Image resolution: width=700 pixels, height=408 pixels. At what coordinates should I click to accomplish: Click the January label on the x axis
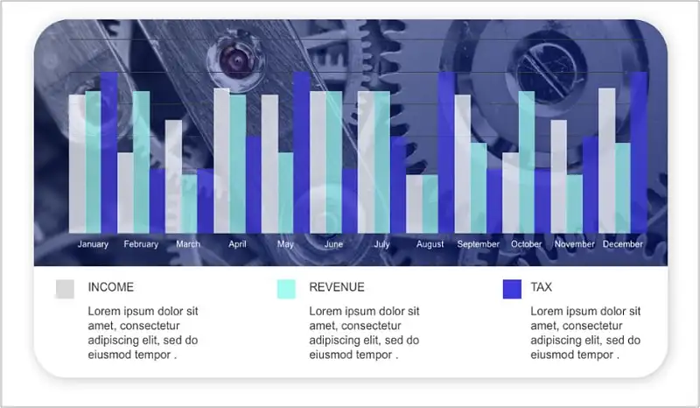click(93, 244)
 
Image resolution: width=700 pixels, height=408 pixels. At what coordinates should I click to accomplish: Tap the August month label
click(430, 244)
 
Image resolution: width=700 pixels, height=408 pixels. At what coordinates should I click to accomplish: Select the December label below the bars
click(623, 244)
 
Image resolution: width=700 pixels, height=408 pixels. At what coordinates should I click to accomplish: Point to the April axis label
click(237, 244)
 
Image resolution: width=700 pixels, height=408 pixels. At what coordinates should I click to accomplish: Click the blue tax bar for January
click(109, 152)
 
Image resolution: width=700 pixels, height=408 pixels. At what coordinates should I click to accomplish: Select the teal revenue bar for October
click(527, 162)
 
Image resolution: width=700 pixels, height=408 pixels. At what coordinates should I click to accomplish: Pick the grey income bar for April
click(222, 160)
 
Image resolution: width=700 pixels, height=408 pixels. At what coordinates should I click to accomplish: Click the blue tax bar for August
click(446, 152)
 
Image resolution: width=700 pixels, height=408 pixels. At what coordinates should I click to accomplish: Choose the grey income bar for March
click(173, 177)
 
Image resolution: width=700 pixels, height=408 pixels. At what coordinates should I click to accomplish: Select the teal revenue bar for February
click(142, 162)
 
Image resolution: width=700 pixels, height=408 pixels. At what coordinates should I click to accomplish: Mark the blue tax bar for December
click(639, 152)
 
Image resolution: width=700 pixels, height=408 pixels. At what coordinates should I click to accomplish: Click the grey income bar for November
click(559, 177)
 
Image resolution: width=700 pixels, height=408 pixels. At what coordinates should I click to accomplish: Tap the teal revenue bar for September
click(479, 187)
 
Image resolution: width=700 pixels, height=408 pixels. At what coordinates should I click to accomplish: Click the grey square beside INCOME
click(65, 289)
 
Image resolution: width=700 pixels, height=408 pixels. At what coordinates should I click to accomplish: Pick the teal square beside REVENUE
click(286, 289)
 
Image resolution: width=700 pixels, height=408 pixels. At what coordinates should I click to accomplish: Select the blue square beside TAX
click(512, 289)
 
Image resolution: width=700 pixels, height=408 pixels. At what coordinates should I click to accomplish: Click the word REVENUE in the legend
click(337, 287)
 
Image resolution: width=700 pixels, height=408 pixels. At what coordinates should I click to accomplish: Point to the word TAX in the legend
click(541, 287)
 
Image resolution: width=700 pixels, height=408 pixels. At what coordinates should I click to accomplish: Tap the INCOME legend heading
click(111, 287)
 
